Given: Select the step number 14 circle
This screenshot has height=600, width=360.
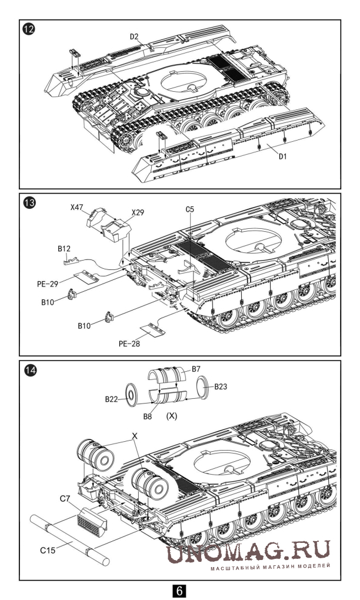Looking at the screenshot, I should (x=28, y=371).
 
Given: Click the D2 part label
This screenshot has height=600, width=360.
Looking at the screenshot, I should (x=134, y=36).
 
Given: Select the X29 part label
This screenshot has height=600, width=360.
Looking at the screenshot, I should (x=138, y=211).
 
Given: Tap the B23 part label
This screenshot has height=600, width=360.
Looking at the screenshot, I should (x=221, y=386).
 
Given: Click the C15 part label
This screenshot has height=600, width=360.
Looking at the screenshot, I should (x=48, y=551).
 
